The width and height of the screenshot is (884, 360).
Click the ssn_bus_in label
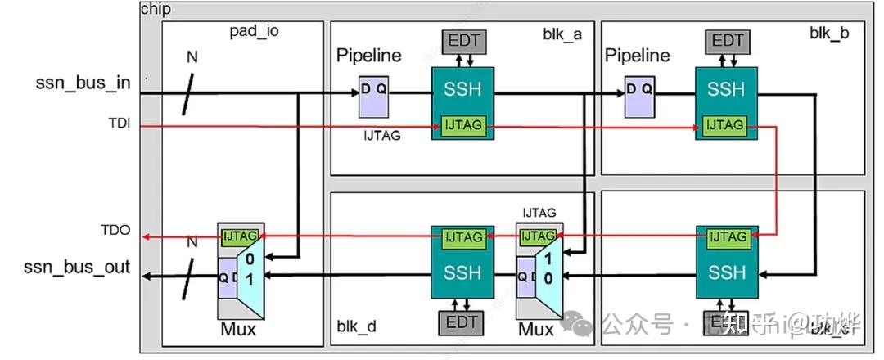click(83, 83)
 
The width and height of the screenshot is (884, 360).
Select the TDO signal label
click(115, 232)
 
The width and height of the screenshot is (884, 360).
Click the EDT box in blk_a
click(462, 40)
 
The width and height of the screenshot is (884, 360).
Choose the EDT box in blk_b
click(727, 40)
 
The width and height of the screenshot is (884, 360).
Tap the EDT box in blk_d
click(462, 322)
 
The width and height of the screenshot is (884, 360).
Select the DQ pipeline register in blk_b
click(639, 97)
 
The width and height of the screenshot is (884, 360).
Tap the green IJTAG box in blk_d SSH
click(462, 237)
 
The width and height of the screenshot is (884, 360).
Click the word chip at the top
click(156, 9)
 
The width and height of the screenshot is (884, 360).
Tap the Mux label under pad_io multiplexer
click(238, 330)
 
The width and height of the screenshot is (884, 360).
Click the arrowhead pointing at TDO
click(146, 237)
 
